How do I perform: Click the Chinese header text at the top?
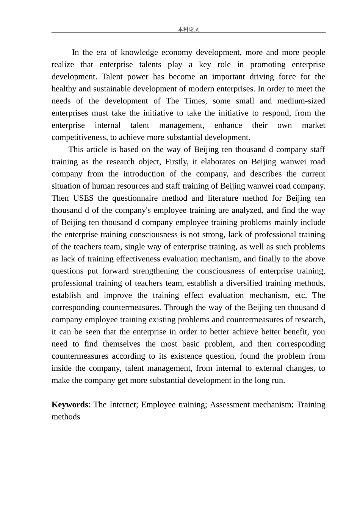[x=188, y=29]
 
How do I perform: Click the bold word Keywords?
[x=70, y=404]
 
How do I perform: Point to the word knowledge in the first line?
[x=139, y=52]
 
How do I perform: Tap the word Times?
[x=195, y=101]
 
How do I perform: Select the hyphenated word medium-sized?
[x=301, y=101]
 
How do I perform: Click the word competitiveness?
[x=79, y=137]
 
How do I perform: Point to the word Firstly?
[x=176, y=162]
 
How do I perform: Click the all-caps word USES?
[x=83, y=198]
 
